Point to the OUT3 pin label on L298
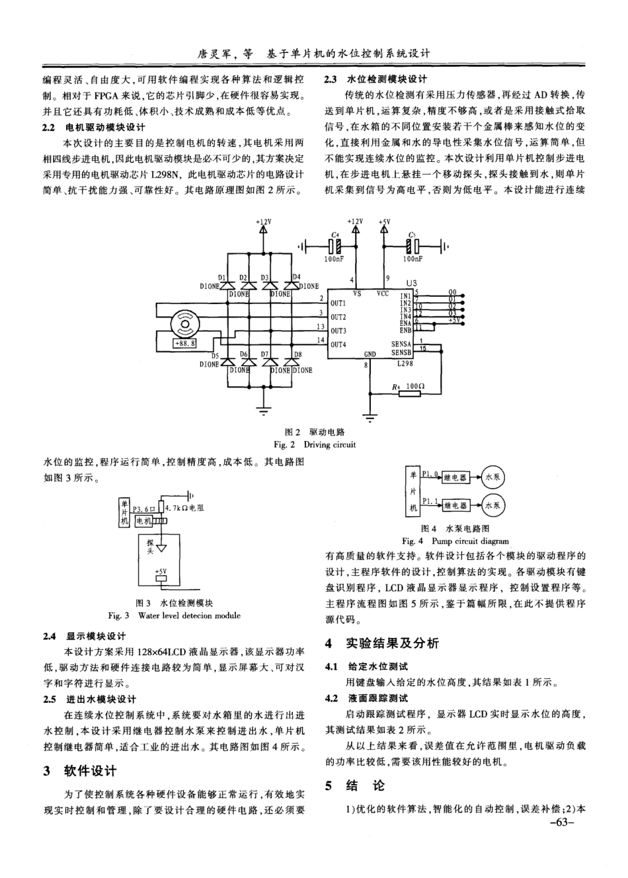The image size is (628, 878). point(338,331)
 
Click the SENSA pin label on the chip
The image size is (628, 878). point(401,344)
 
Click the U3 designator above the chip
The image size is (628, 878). point(412,282)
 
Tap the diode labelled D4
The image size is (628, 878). point(291,286)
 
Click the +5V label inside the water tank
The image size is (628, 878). point(161,571)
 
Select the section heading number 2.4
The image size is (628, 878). point(48,636)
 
